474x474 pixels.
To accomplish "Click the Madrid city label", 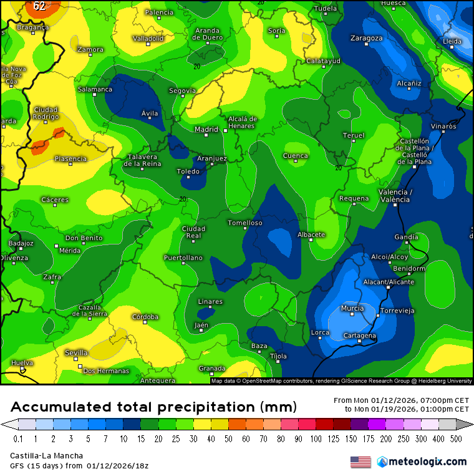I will pyautogui.click(x=206, y=130).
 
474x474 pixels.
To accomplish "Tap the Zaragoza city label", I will pyautogui.click(x=366, y=38).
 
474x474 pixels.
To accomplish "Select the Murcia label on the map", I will pyautogui.click(x=352, y=308).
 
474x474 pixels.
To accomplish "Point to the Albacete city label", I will pyautogui.click(x=311, y=235).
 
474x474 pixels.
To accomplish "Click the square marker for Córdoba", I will pyautogui.click(x=145, y=322).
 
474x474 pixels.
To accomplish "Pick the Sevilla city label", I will pyautogui.click(x=76, y=352).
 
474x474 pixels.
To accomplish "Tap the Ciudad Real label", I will pyautogui.click(x=193, y=232).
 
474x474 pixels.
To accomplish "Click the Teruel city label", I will pyautogui.click(x=353, y=135).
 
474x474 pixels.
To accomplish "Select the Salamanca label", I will pyautogui.click(x=95, y=89).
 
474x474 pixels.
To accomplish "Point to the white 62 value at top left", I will pyautogui.click(x=39, y=6).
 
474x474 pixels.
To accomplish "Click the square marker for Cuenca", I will pyautogui.click(x=296, y=162).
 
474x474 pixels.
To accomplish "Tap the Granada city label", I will pyautogui.click(x=211, y=368).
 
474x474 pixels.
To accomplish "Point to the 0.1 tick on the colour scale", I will pyautogui.click(x=18, y=439).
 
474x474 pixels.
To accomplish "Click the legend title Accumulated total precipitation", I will pyautogui.click(x=153, y=407).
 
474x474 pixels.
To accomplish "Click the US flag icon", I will pyautogui.click(x=360, y=462).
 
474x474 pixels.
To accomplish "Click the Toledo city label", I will pyautogui.click(x=188, y=171).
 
